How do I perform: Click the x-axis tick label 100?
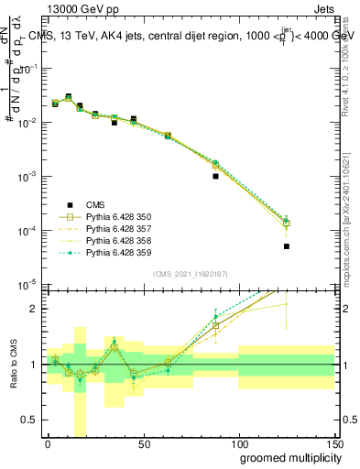[239, 444]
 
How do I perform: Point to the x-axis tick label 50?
[144, 444]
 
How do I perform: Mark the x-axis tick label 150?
[333, 444]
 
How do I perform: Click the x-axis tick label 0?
[48, 444]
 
